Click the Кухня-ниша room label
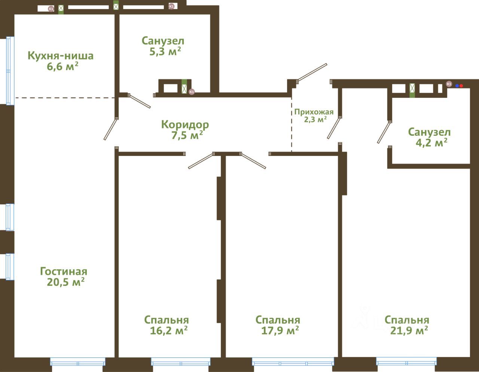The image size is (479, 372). tap(60, 55)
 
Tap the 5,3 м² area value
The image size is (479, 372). tap(165, 51)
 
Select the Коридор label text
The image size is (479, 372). tap(185, 125)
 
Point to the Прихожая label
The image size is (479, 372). tap(314, 112)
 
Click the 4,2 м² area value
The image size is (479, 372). tap(431, 142)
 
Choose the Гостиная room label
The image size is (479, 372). tap(64, 271)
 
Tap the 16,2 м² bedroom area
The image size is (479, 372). tap(169, 330)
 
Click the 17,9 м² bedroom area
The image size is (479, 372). tap(280, 330)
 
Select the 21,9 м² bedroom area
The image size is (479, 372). tap(409, 330)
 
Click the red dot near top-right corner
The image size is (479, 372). tap(461, 86)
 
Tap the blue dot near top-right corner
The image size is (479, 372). tap(457, 86)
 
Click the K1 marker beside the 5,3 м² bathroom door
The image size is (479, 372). tap(192, 91)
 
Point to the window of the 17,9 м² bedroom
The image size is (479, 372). tap(293, 361)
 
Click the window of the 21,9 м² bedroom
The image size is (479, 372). tap(406, 361)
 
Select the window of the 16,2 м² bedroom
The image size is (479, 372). tap(180, 361)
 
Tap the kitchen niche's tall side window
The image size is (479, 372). tap(10, 71)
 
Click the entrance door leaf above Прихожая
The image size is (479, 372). tap(312, 72)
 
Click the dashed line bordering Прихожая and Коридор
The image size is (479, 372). tap(292, 124)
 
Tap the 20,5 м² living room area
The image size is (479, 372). tap(66, 282)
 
